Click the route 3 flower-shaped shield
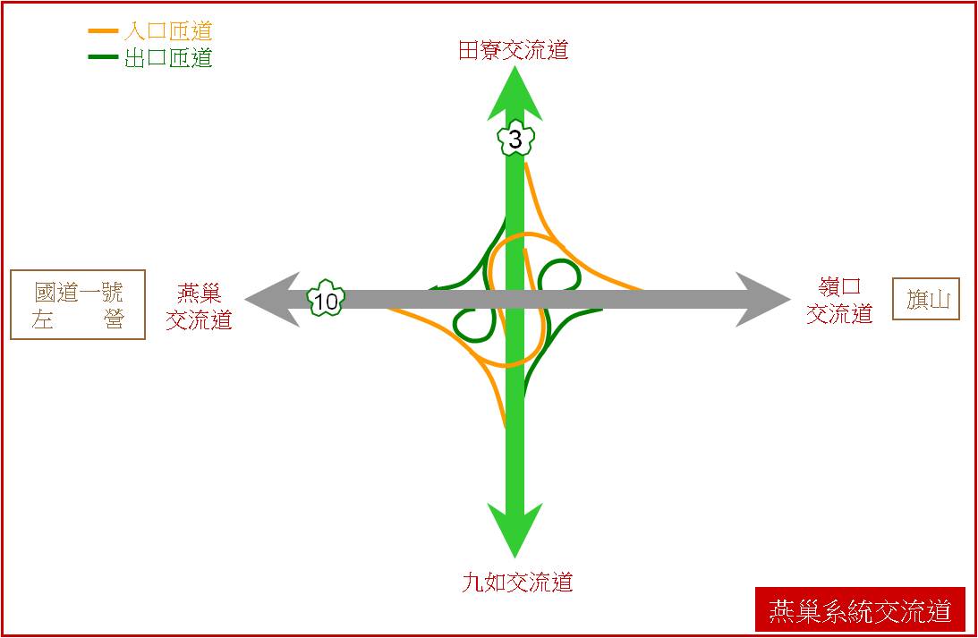(515, 139)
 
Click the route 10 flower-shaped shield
(326, 299)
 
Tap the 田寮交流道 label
(514, 50)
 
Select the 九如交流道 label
(517, 582)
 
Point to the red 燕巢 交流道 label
(199, 306)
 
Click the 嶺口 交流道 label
(839, 300)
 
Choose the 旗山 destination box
(925, 300)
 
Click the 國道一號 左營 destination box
(78, 305)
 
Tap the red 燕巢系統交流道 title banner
(860, 609)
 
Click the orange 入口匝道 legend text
(168, 30)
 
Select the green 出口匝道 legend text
(168, 58)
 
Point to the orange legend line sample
(103, 30)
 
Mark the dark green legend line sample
(103, 56)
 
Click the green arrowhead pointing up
(515, 94)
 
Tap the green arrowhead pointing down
(515, 530)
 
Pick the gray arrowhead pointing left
(272, 300)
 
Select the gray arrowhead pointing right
(763, 300)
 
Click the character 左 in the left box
(42, 319)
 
